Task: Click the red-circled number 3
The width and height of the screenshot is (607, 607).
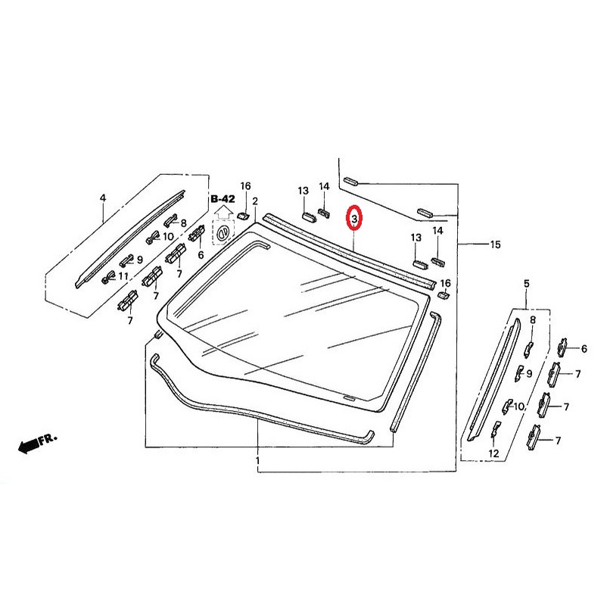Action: tap(354, 219)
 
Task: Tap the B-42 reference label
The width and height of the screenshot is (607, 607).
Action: tap(223, 199)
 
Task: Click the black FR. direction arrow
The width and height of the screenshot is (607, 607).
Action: tap(30, 446)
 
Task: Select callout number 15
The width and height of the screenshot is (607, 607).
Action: tap(496, 244)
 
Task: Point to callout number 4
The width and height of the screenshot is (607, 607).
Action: tap(103, 198)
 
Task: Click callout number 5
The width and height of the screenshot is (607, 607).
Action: tap(527, 284)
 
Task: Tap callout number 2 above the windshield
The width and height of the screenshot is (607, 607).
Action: tap(255, 201)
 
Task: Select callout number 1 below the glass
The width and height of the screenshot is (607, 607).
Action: tap(257, 461)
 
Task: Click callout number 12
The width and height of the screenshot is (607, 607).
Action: tap(494, 453)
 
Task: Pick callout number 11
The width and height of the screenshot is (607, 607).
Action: tap(123, 276)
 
